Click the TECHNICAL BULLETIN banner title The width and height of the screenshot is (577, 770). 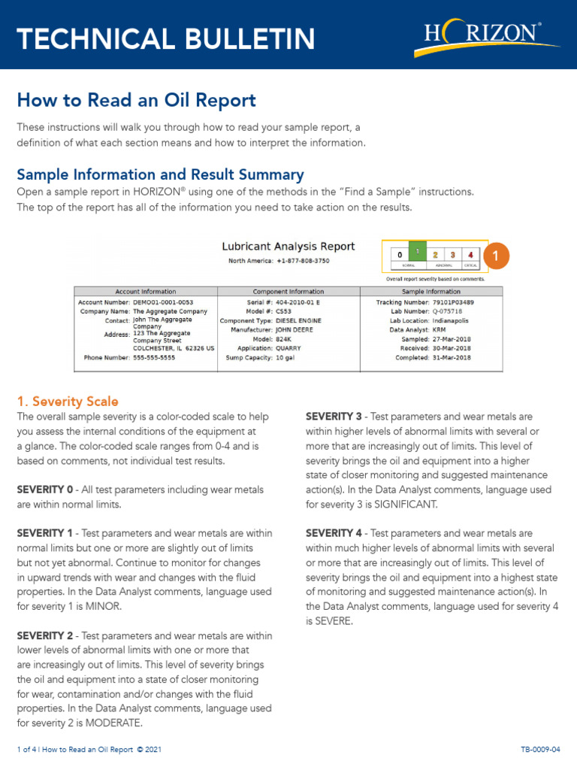tap(166, 38)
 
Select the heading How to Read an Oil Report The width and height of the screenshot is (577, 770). tap(136, 101)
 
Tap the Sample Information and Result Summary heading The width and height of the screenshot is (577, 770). tap(160, 174)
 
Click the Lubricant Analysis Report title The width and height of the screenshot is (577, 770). tap(288, 247)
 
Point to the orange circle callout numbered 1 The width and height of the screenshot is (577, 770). tap(497, 256)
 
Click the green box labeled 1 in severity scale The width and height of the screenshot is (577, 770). tap(418, 254)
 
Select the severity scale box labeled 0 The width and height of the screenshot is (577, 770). tap(400, 256)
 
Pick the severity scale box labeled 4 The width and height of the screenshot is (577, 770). tap(470, 256)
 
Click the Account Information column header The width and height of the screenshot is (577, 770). tap(145, 291)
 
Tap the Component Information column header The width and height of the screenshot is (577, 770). tap(288, 291)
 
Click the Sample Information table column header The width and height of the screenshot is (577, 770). tap(431, 291)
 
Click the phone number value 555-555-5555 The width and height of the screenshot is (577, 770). tap(154, 358)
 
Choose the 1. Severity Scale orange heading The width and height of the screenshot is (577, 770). tap(68, 402)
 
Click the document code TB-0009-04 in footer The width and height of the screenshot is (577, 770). tap(540, 750)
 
